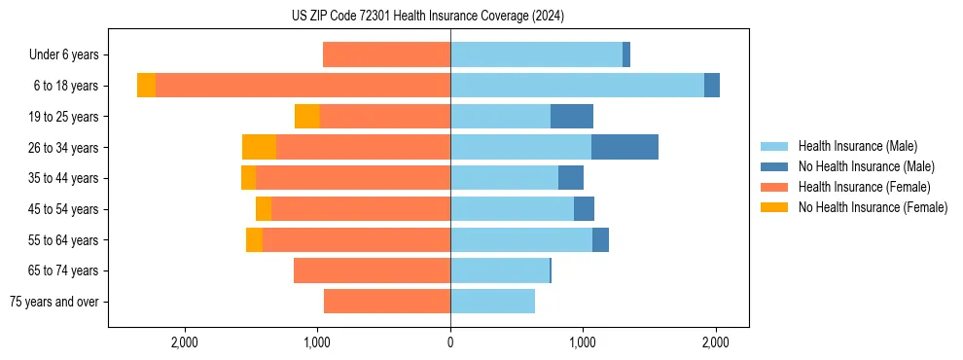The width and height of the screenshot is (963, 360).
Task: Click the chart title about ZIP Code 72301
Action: tap(427, 16)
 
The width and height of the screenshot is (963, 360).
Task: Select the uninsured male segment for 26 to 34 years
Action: tap(624, 147)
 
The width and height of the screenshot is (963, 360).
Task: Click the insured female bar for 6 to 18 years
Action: tap(303, 86)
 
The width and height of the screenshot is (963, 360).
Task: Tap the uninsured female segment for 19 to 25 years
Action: tap(307, 117)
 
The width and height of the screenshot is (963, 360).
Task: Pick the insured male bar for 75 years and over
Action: tap(492, 302)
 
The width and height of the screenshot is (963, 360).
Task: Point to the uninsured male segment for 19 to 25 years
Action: tap(572, 117)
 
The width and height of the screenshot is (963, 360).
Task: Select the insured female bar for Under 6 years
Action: tap(386, 54)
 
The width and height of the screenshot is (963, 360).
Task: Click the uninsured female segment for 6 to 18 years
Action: tap(146, 86)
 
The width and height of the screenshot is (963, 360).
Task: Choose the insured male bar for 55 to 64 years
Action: tap(521, 239)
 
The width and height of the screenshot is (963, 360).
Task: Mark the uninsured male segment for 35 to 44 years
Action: tap(571, 178)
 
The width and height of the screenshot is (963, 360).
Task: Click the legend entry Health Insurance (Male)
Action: tap(857, 146)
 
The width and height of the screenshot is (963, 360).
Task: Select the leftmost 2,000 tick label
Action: tap(185, 342)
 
